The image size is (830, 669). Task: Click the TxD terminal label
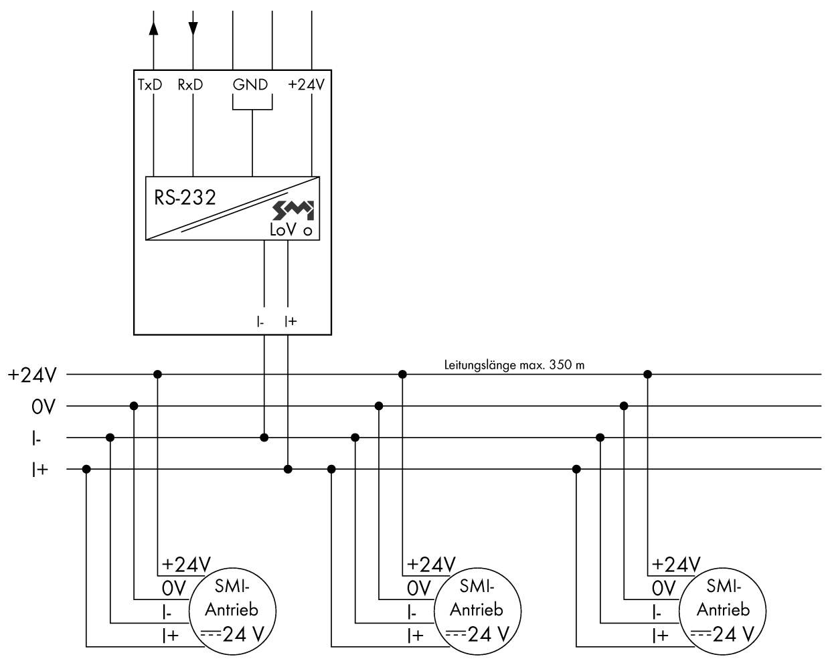(x=149, y=85)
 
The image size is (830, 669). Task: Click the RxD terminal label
(x=190, y=85)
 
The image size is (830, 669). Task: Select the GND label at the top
(x=250, y=85)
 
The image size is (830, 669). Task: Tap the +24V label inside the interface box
(x=306, y=85)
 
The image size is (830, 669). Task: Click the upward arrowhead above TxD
(x=154, y=27)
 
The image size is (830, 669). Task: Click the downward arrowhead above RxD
(x=193, y=27)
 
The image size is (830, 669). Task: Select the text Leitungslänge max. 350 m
(x=514, y=365)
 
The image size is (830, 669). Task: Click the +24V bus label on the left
(x=32, y=375)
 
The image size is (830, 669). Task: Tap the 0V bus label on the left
(x=43, y=406)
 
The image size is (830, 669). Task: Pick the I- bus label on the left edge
(x=36, y=438)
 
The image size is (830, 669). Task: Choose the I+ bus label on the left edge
(x=39, y=470)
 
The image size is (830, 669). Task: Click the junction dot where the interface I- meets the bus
(x=264, y=438)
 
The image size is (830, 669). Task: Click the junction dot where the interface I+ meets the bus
(x=288, y=469)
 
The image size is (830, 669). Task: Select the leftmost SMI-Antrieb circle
(x=232, y=611)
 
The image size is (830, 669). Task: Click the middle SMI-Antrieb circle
(x=477, y=611)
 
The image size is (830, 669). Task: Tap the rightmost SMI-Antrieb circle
(x=722, y=611)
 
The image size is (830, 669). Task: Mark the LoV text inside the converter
(x=282, y=230)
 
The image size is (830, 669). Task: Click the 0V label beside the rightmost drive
(x=664, y=588)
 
